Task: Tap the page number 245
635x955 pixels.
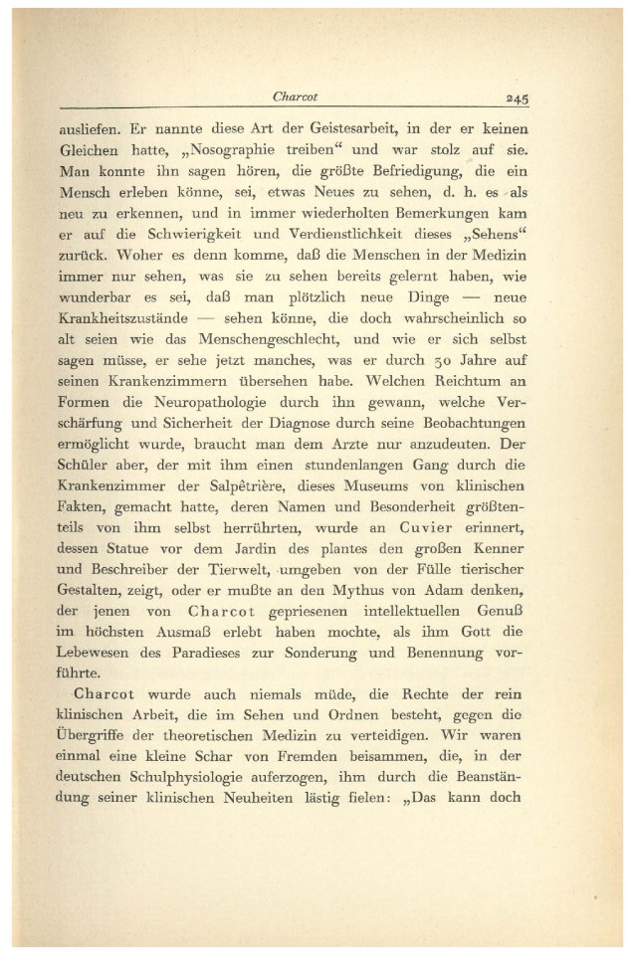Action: tap(516, 98)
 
